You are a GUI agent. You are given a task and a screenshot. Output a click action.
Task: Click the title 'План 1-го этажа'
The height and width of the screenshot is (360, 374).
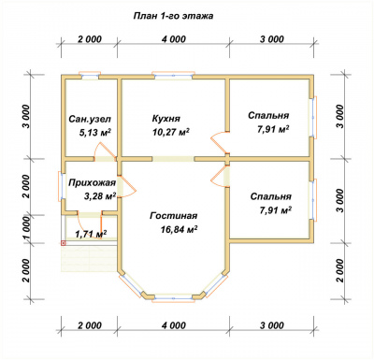[x=173, y=16]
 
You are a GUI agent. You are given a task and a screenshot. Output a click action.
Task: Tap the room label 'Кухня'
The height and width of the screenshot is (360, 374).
[x=166, y=119]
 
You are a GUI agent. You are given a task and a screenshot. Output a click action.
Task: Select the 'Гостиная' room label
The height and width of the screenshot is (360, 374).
[x=174, y=216]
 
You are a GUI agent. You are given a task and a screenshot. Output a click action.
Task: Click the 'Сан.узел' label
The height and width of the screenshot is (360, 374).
[x=90, y=120]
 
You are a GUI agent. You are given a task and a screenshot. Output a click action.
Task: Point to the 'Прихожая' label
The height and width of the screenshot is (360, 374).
[x=93, y=182]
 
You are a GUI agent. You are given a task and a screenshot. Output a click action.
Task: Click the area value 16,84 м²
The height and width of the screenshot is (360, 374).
[x=180, y=230]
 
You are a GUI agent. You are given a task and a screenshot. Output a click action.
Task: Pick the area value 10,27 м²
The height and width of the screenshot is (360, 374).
[x=171, y=132]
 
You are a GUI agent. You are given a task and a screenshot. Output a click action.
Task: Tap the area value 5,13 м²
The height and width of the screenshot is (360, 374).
[x=95, y=133]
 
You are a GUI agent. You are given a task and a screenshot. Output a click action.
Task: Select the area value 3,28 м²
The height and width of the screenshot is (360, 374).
[x=100, y=196]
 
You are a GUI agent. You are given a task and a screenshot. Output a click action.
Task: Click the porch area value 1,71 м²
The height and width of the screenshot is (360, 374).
[x=92, y=234]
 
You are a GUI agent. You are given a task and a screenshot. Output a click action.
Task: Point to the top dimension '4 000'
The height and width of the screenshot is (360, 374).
[x=174, y=39]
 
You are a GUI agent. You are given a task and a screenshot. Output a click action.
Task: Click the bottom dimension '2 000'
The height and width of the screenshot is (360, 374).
[x=90, y=325]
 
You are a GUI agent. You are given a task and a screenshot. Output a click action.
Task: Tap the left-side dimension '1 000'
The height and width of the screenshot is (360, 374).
[x=27, y=228]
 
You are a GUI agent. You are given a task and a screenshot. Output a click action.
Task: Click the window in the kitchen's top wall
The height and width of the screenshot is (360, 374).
[x=173, y=76]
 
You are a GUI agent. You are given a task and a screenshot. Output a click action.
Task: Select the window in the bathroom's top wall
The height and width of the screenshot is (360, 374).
[x=90, y=76]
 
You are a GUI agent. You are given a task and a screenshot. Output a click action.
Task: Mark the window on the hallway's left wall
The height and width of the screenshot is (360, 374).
[x=61, y=186]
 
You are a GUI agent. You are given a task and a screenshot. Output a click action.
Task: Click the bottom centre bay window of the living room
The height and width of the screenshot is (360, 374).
[x=173, y=298]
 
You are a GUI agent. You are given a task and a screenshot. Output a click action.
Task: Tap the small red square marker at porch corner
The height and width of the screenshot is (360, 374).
[x=64, y=243]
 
